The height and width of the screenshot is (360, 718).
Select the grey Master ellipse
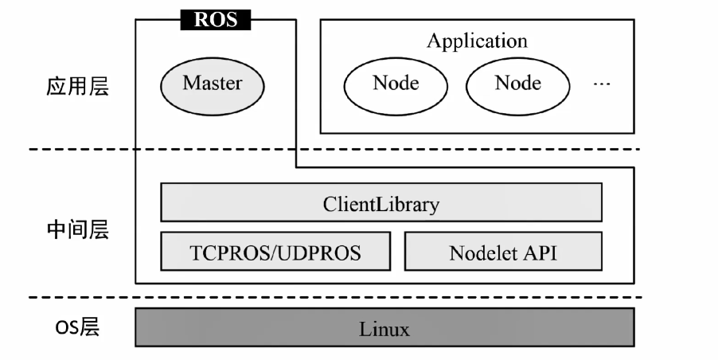point(213,83)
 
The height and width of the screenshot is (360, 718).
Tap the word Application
point(477,41)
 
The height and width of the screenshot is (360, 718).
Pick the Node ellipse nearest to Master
point(396,83)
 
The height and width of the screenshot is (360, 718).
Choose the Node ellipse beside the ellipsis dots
point(517,83)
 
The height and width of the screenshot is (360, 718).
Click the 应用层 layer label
point(77,86)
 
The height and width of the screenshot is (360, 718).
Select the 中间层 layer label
point(77,231)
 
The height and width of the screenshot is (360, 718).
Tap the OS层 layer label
point(77,327)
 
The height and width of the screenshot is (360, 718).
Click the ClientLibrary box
point(381,204)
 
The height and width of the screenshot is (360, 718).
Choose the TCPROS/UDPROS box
point(275,252)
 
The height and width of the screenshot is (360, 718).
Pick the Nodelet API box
point(503,252)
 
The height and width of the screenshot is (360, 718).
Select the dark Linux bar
point(384,328)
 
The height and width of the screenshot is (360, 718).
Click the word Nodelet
point(484,253)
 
